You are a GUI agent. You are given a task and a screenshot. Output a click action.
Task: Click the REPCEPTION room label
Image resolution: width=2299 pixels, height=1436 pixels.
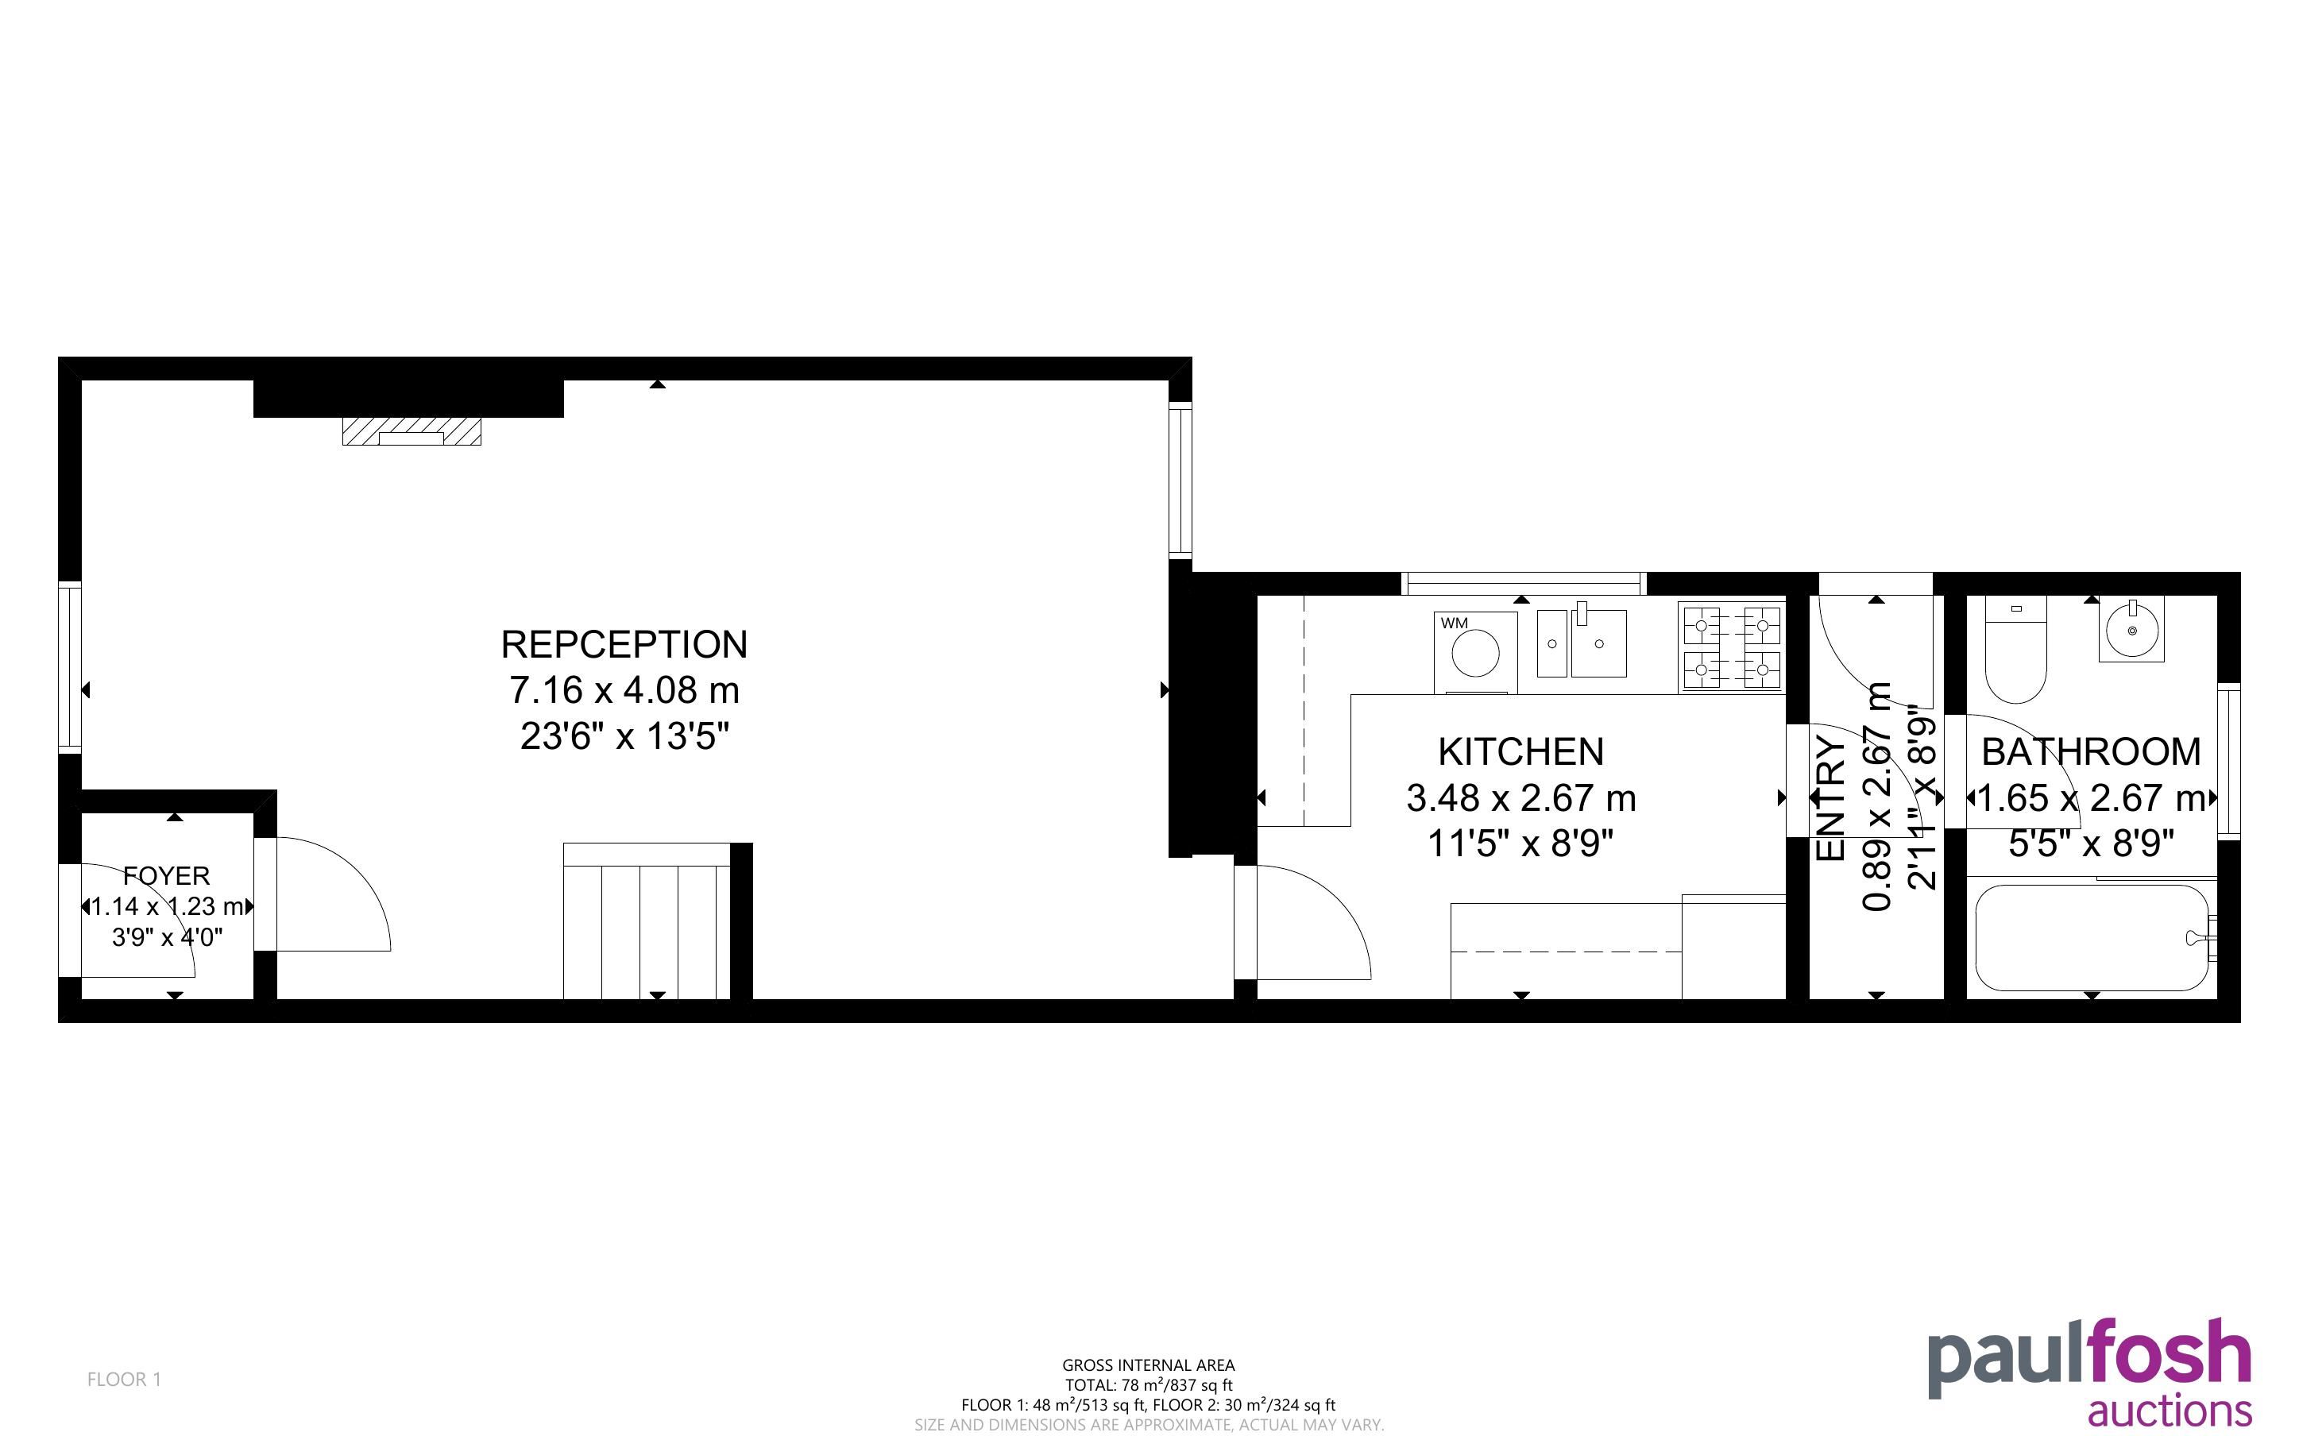(624, 645)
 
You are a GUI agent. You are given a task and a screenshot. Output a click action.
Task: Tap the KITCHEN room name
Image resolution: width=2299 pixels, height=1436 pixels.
(1520, 752)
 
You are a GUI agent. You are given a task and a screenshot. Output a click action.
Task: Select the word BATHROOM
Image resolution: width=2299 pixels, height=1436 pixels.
(2091, 752)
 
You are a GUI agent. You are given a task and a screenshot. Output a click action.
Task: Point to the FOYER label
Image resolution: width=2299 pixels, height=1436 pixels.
(166, 875)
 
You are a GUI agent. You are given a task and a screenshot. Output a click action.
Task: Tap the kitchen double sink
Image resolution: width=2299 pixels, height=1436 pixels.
(1581, 643)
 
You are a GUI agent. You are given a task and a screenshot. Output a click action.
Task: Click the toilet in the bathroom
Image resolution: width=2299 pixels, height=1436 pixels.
(2015, 650)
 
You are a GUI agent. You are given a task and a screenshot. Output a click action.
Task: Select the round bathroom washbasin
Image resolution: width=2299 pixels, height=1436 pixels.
(2133, 630)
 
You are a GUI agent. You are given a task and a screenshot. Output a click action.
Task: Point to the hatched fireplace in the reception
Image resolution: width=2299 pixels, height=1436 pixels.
(412, 431)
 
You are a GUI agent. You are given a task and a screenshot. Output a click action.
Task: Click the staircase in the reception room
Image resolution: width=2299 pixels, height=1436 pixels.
(647, 921)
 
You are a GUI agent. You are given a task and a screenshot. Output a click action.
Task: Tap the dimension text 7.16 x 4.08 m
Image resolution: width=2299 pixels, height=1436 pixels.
(624, 690)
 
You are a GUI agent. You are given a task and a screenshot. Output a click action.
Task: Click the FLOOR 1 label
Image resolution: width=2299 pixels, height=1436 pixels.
(125, 1379)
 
